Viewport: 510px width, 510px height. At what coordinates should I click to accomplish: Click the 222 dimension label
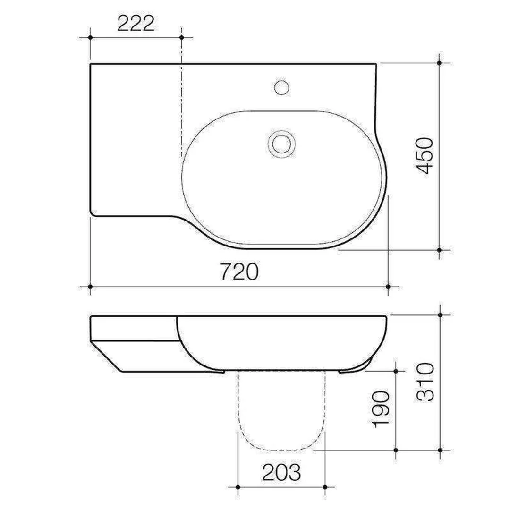pos(136,23)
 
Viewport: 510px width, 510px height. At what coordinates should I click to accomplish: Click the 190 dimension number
pos(382,409)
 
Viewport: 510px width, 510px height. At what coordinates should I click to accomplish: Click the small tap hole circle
pos(282,87)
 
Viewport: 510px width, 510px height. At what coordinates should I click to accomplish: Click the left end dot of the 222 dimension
pos(90,37)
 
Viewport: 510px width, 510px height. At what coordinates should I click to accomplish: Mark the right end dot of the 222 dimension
pos(182,37)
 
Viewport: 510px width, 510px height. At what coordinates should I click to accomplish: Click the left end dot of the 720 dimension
pos(90,286)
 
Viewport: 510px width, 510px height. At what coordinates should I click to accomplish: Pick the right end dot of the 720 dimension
pos(388,286)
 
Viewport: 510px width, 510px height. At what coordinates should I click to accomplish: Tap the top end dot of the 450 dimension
pos(440,62)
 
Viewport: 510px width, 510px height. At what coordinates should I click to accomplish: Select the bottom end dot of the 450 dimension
pos(440,250)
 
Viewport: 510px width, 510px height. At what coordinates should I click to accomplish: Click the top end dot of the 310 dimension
pos(441,314)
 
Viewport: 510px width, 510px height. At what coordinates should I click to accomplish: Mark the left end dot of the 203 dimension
pos(238,487)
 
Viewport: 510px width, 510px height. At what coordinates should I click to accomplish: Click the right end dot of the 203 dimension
pos(325,487)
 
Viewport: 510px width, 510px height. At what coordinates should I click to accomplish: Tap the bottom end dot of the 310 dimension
pos(441,450)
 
